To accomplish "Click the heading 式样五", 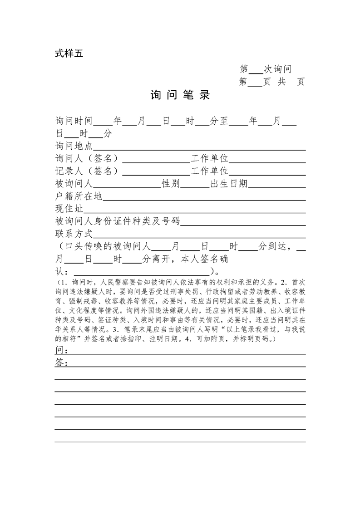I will (69, 54).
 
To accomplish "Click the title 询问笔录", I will (180, 95).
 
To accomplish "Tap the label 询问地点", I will (74, 146).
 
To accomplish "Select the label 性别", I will (171, 183).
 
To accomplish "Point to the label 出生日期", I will (229, 183).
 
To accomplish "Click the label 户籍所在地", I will (79, 196).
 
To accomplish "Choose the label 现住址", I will (69, 209).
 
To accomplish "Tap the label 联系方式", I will (74, 234).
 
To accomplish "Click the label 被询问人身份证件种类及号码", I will (118, 221).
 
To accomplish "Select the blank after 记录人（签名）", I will (156, 172).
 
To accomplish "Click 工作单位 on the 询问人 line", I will (210, 158).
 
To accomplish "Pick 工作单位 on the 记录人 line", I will (210, 171).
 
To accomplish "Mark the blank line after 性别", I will (193, 185).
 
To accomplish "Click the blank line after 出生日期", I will (276, 185).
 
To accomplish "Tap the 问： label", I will (62, 350).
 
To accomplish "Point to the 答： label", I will (62, 363).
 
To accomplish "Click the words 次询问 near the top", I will (277, 69).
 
